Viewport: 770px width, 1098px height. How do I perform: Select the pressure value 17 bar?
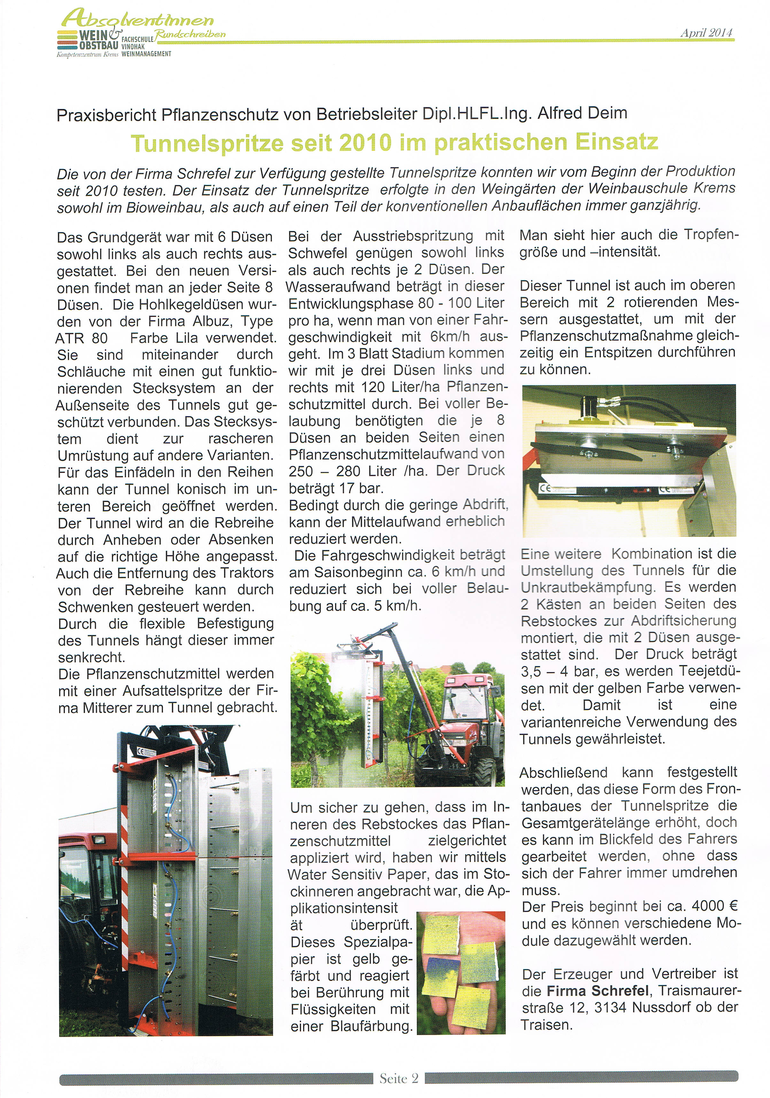pyautogui.click(x=360, y=488)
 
